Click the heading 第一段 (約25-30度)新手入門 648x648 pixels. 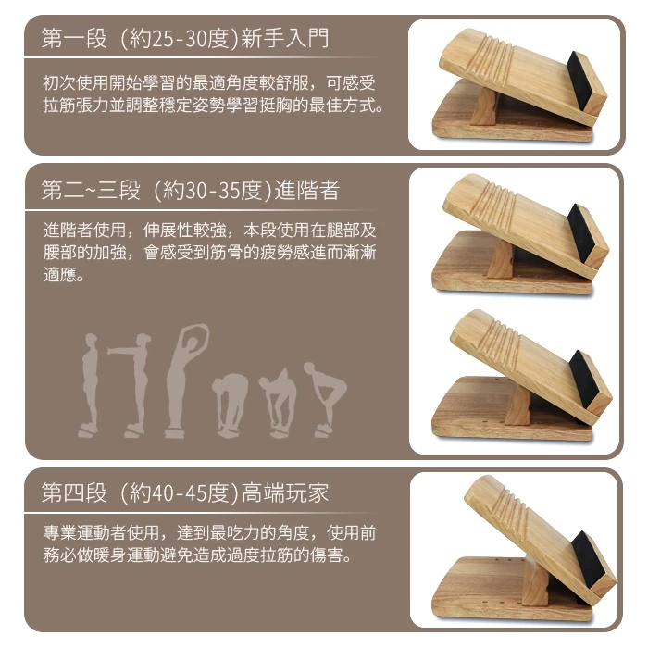coord(185,39)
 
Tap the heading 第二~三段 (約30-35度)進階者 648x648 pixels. coord(191,191)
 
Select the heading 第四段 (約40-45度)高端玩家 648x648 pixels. coord(185,493)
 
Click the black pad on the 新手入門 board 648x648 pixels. coord(583,81)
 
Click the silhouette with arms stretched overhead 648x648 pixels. coord(185,380)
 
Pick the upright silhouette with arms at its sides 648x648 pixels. coord(90,385)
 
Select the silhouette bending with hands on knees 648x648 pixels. coord(325,399)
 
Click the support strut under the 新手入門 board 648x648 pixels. coord(484,107)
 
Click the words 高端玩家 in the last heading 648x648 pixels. coord(285,493)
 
